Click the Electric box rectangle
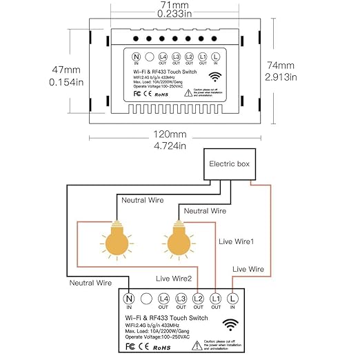(233, 166)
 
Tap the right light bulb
(178, 241)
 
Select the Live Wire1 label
(237, 241)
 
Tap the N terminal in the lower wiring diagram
(128, 299)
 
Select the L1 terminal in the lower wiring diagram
(216, 299)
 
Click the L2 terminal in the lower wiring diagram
(198, 299)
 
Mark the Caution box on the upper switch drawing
(208, 92)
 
